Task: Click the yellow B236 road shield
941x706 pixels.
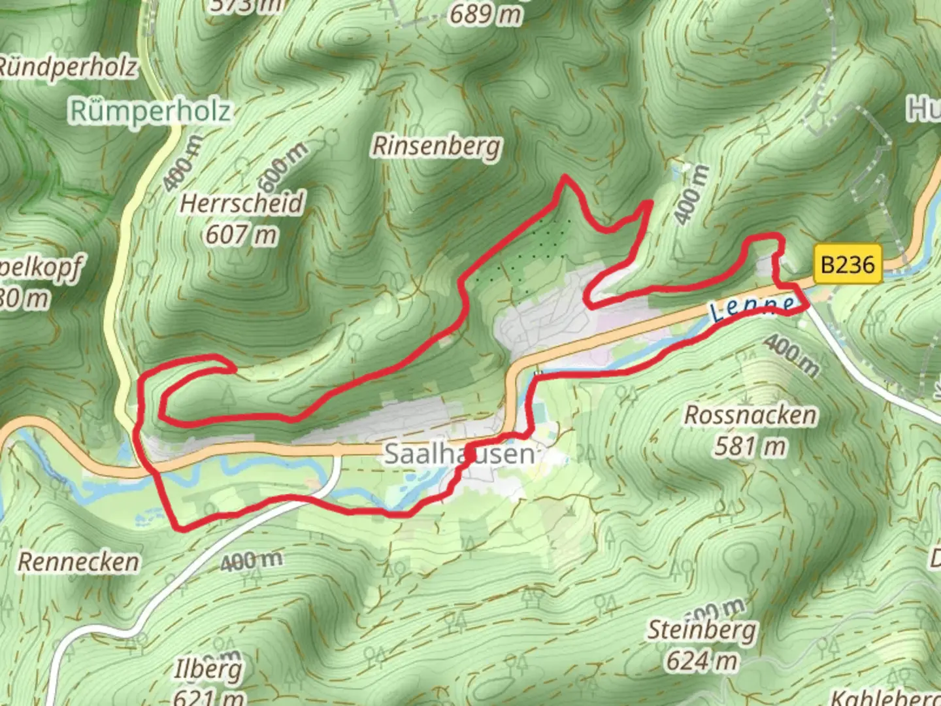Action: click(847, 264)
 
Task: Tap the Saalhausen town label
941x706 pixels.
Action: click(458, 454)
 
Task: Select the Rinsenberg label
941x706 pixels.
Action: click(437, 146)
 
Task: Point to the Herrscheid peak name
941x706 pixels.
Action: click(242, 203)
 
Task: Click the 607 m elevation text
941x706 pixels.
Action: click(241, 234)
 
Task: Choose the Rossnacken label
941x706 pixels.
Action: click(750, 415)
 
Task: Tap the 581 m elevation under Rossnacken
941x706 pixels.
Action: click(750, 446)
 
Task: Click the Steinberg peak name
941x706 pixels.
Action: click(702, 630)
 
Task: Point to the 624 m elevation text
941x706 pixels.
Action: click(702, 661)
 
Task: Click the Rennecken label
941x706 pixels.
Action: click(78, 562)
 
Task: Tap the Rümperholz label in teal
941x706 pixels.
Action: click(150, 110)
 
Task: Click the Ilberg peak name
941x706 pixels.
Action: click(208, 669)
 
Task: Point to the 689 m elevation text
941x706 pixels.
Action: click(486, 14)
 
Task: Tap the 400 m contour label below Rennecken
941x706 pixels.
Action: click(251, 560)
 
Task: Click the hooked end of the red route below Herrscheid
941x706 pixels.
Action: click(233, 368)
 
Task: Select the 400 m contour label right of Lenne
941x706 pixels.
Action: click(791, 356)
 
